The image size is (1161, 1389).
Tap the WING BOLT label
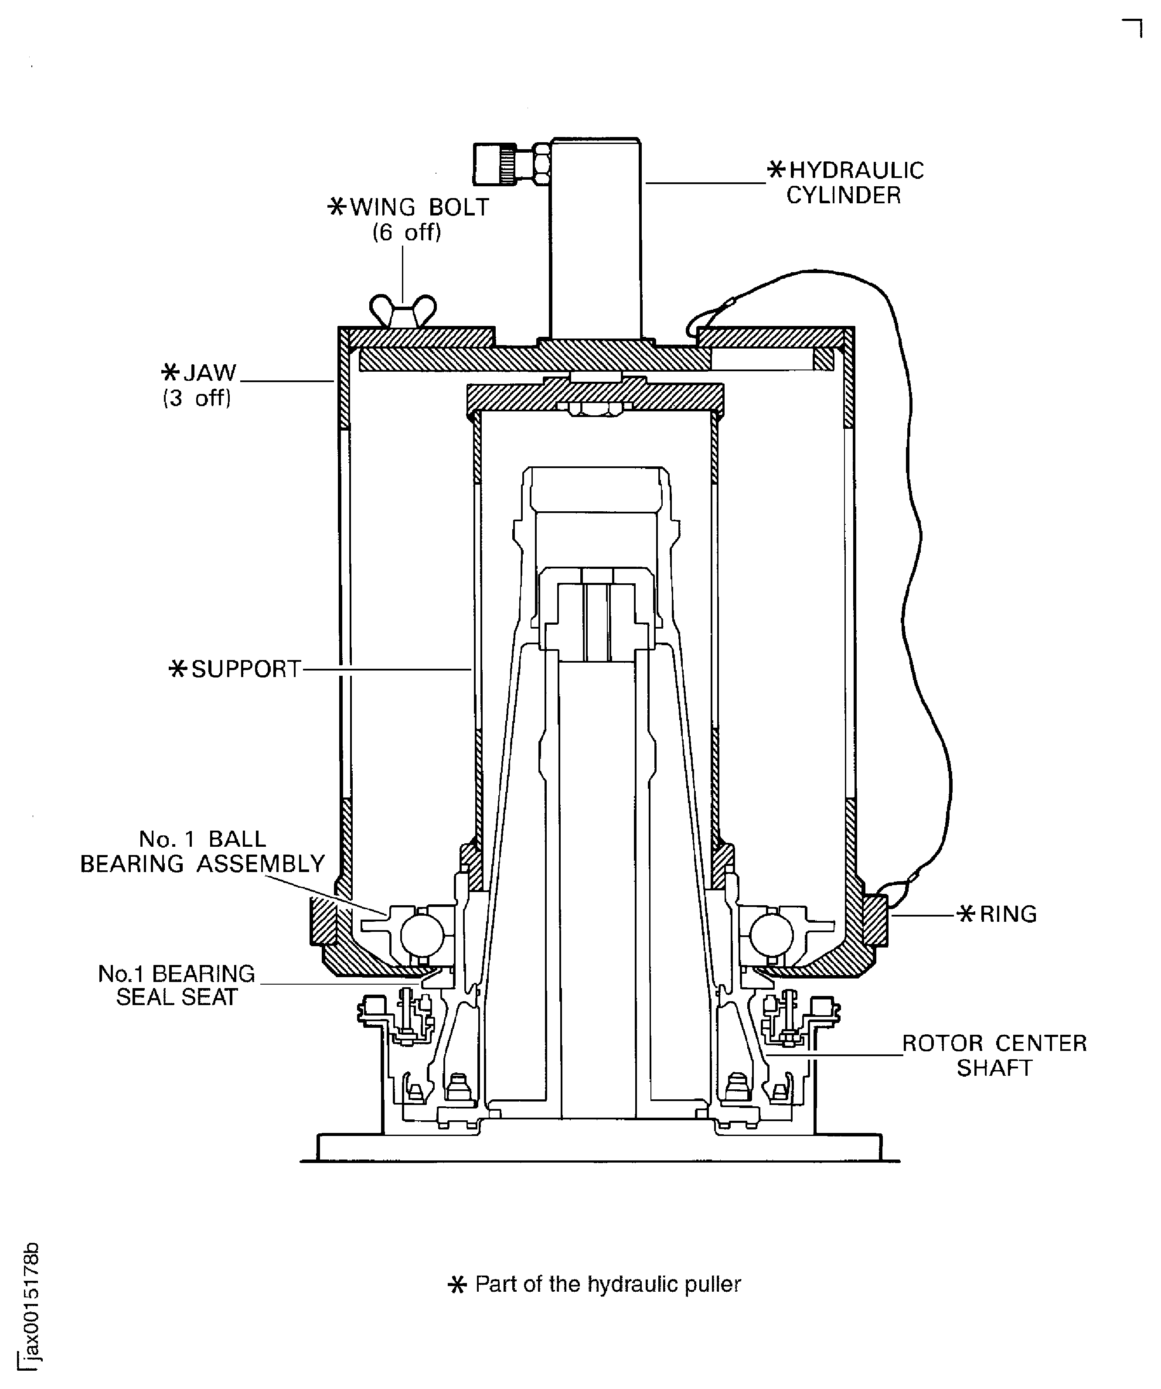coord(409,208)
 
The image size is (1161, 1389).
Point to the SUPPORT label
coord(237,669)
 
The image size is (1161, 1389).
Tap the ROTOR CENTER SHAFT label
coord(994,1056)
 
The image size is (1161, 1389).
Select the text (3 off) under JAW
coord(197,398)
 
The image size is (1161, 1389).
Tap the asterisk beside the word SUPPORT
coord(177,669)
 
